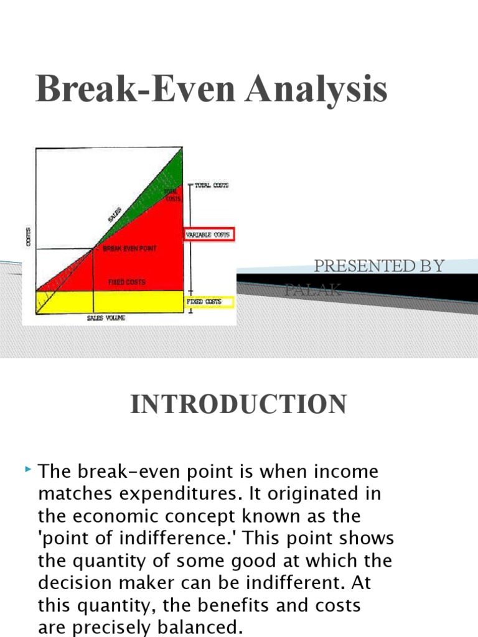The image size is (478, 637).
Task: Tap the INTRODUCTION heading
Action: pos(238,405)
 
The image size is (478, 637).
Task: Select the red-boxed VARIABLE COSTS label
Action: pos(208,235)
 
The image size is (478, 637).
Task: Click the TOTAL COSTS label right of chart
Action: pos(212,185)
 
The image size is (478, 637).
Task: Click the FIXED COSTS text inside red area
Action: pos(126,282)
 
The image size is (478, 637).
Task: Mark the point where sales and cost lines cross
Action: pos(93,249)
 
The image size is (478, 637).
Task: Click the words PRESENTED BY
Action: pos(379,266)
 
